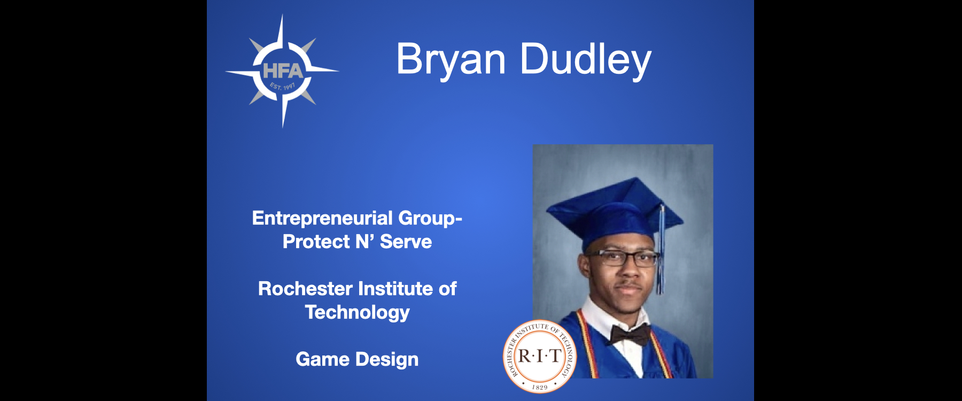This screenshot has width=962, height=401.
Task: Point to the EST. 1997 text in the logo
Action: click(x=282, y=86)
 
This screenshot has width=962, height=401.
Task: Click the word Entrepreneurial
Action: click(x=322, y=218)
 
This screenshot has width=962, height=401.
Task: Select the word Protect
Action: click(x=316, y=242)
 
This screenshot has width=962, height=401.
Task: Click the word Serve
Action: click(x=406, y=242)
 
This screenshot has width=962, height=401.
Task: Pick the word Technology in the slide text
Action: click(x=357, y=313)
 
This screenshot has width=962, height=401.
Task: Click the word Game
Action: click(x=322, y=359)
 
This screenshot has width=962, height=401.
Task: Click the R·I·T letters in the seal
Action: click(x=539, y=356)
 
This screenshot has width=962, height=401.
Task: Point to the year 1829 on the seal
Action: click(x=540, y=387)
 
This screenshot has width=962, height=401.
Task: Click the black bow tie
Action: click(x=631, y=334)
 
